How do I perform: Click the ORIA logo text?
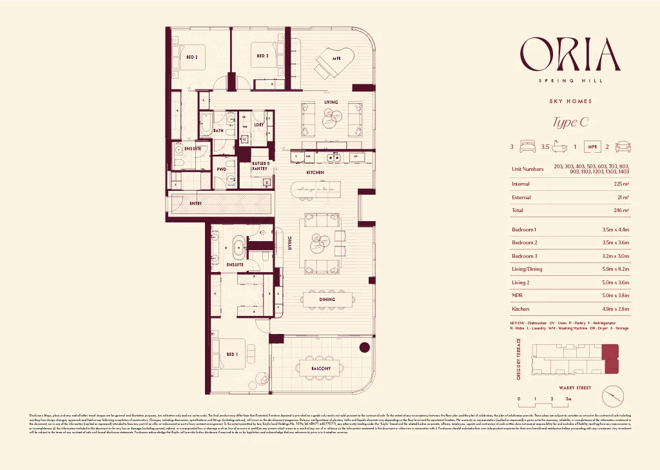[x=570, y=55]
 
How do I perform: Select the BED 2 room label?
[x=192, y=57]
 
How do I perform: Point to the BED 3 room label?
[x=262, y=56]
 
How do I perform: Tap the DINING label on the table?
[x=327, y=299]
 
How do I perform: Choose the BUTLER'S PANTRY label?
[x=260, y=166]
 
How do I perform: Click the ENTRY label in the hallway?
[x=196, y=204]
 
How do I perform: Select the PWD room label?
[x=221, y=169]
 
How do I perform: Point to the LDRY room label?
[x=258, y=124]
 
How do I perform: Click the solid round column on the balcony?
[x=364, y=347]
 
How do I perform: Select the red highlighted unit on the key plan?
[x=610, y=359]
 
